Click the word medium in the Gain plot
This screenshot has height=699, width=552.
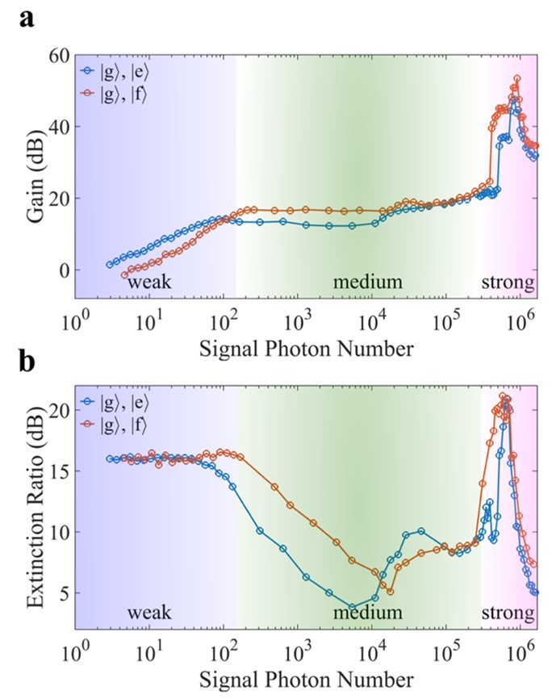point(368,283)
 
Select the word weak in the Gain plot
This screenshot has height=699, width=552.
point(148,283)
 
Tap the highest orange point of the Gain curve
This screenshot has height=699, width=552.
point(517,79)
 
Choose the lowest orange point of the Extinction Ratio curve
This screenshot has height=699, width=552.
point(391,592)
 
